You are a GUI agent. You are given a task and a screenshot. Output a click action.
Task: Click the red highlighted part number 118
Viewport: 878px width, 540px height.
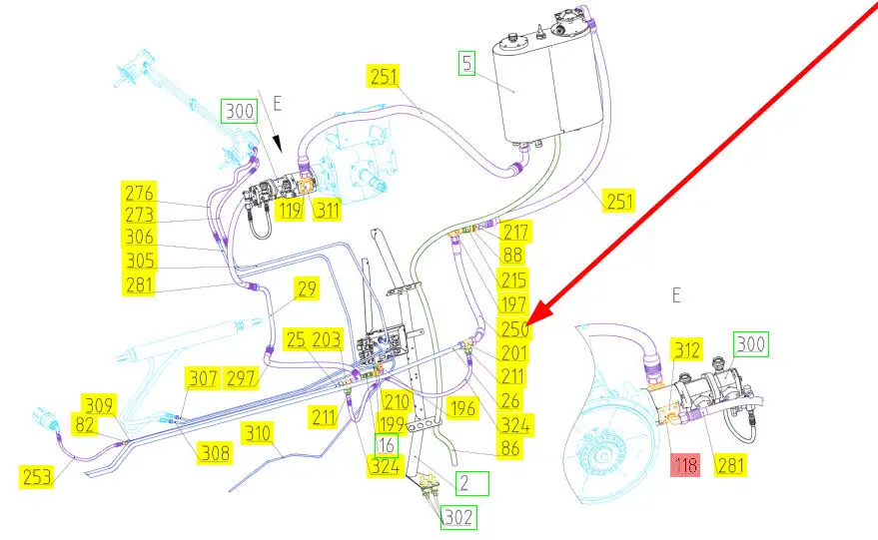coord(685,464)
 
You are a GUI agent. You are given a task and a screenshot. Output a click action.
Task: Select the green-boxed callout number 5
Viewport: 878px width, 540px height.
coord(467,64)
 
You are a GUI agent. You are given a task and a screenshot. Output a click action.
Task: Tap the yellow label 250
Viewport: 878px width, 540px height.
coord(515,327)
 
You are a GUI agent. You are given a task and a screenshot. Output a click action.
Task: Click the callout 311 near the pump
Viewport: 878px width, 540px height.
coord(327,211)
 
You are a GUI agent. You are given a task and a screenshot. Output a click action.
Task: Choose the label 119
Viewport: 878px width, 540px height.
coord(290,211)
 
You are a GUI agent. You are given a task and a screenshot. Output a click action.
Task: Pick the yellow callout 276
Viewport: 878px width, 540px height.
coord(140,191)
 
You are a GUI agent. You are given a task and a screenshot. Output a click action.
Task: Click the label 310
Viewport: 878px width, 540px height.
coord(259,434)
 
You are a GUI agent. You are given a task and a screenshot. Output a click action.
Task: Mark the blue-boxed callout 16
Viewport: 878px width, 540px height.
coord(387,445)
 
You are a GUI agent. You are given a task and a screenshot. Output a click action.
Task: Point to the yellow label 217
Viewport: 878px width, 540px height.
coord(515,232)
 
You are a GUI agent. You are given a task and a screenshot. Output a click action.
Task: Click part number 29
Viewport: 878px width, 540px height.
coord(307,289)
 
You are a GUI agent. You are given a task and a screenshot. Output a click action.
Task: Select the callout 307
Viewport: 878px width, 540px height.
coord(203,379)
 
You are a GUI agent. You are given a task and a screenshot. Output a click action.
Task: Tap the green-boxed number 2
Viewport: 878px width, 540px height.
coord(472,484)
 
